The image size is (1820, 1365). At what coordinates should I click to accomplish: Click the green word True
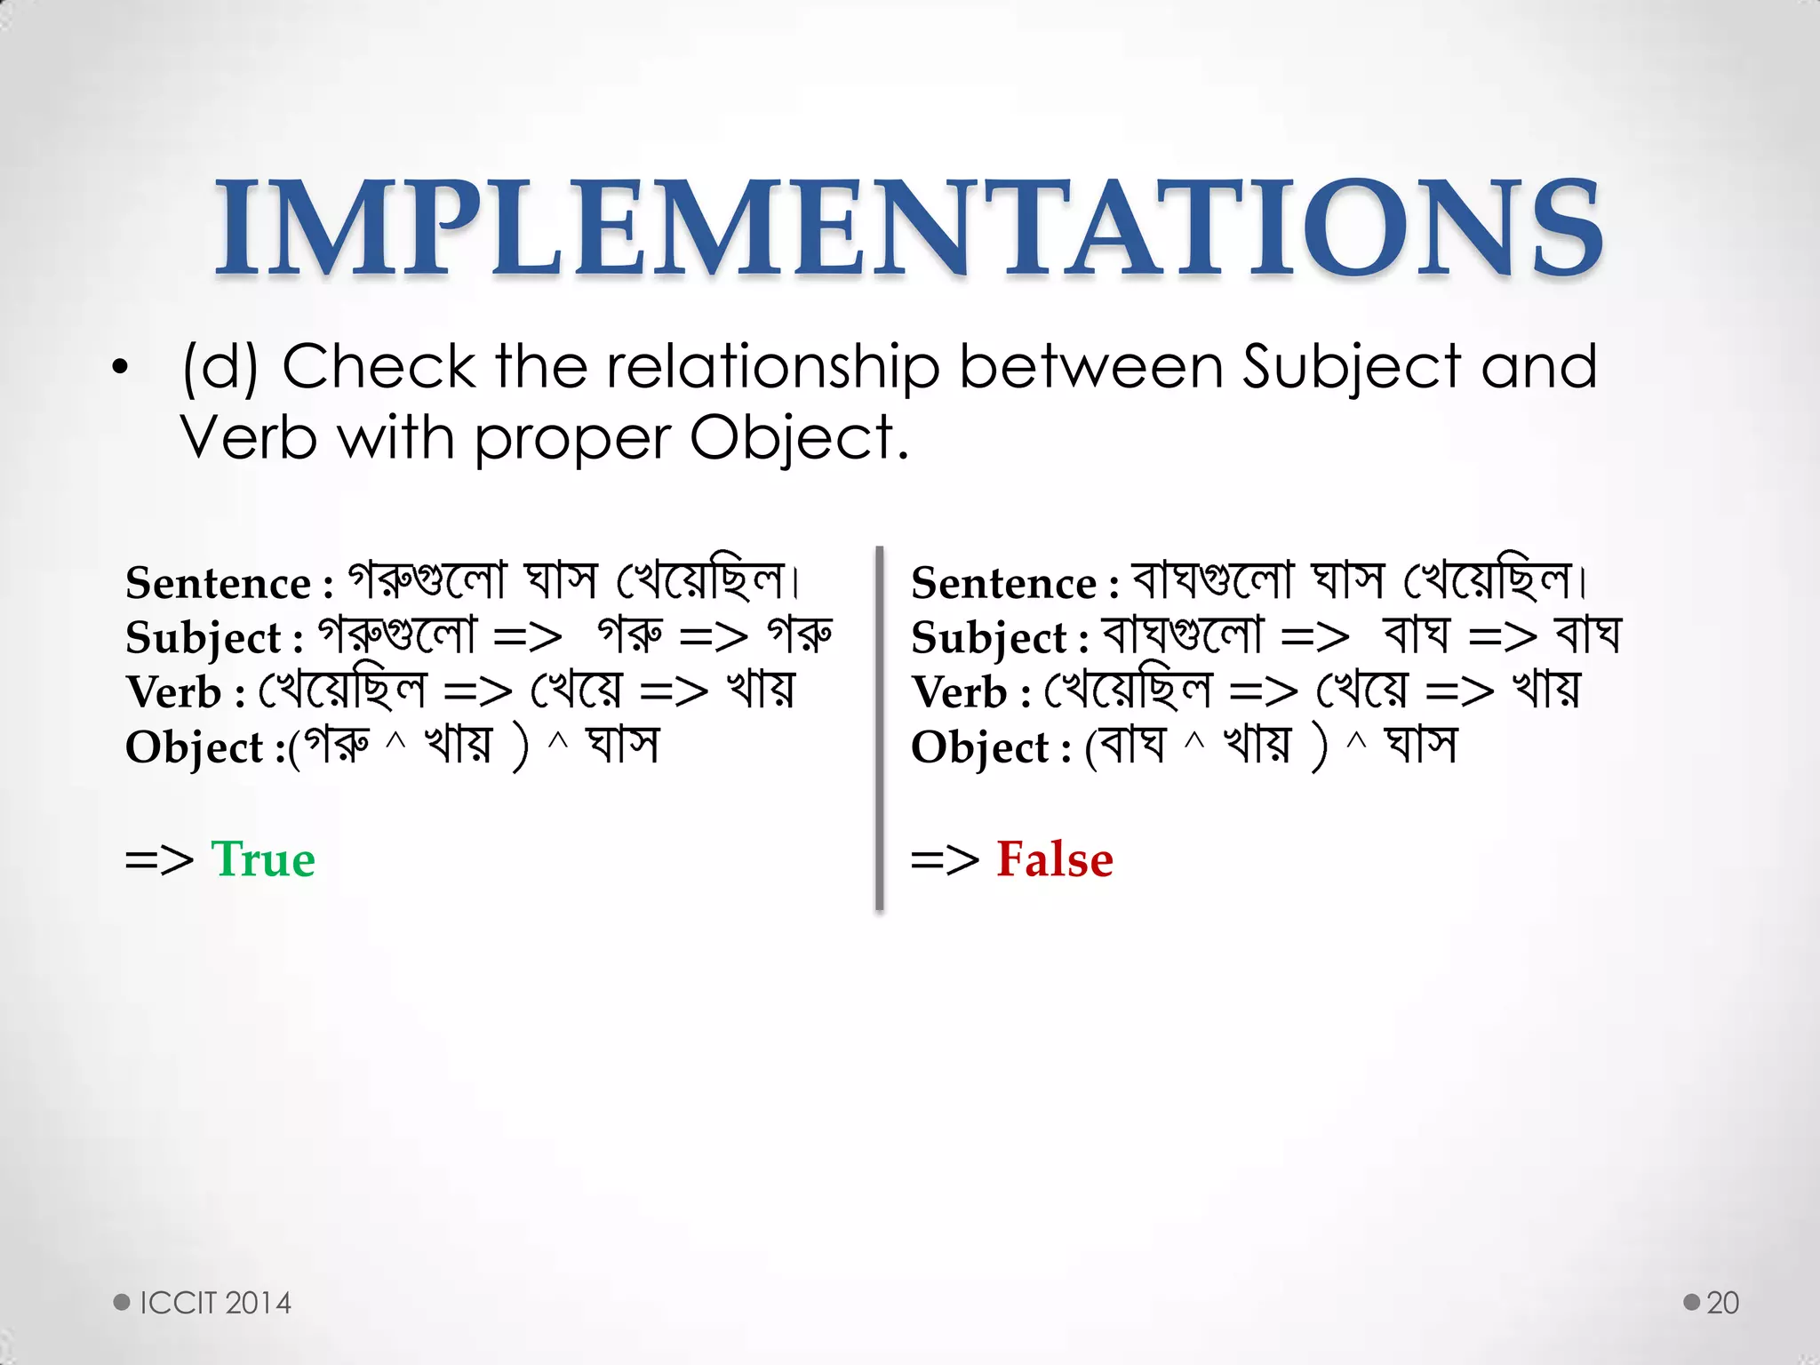pos(263,859)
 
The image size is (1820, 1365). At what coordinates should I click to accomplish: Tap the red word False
pos(1054,859)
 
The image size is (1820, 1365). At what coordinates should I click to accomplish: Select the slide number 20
pos(1722,1303)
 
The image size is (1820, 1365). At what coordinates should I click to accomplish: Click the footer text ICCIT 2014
pos(215,1303)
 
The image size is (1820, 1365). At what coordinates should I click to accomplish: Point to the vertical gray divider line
pos(879,729)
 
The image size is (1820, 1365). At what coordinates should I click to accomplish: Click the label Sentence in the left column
pos(218,584)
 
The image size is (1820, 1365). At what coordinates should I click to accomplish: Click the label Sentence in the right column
pos(1003,584)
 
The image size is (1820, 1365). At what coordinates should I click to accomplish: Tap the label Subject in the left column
pos(203,638)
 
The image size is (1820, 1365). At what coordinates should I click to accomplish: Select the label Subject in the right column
pos(988,638)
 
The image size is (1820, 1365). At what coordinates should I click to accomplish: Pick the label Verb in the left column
pos(173,692)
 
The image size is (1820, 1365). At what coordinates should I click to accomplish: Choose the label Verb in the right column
pos(959,692)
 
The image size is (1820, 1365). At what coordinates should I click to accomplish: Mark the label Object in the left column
pos(195,747)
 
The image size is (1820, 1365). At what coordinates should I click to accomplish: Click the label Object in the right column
pos(980,747)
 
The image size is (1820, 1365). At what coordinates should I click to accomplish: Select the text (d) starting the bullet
pos(220,367)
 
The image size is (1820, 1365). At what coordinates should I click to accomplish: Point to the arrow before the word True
pos(159,860)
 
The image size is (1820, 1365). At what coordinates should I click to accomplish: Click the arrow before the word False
pos(945,860)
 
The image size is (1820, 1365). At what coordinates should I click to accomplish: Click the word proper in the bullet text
pos(572,440)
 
